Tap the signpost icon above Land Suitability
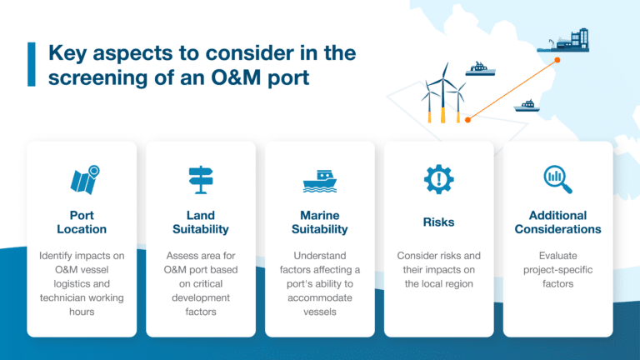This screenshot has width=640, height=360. (201, 180)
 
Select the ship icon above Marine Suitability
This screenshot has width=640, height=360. (319, 182)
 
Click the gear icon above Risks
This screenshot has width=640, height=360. (438, 180)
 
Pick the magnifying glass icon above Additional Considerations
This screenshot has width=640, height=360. (557, 178)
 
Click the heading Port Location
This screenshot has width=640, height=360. (82, 222)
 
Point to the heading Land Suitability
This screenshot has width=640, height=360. (201, 222)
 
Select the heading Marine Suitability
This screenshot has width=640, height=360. (319, 222)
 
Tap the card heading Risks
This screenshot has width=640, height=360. (438, 222)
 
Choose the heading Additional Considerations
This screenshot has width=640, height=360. (557, 222)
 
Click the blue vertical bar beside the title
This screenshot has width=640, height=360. (31, 65)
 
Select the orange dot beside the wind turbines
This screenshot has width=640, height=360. (468, 119)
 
